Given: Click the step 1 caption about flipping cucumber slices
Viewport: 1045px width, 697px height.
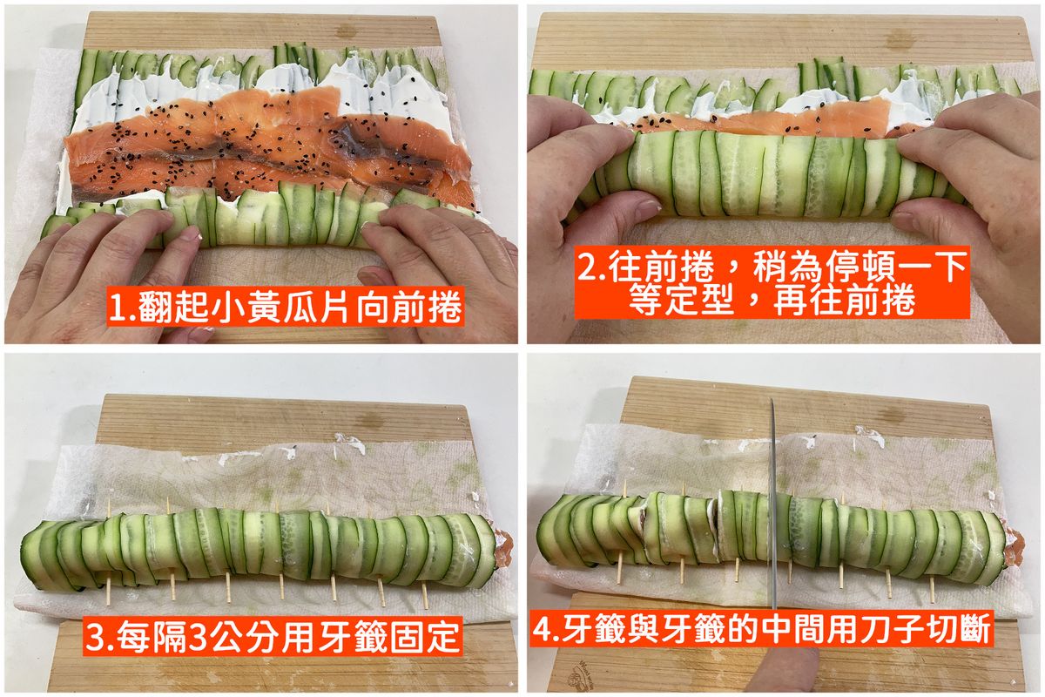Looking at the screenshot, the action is click(285, 307).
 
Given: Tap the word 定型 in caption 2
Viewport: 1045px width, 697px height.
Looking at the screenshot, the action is click(699, 301).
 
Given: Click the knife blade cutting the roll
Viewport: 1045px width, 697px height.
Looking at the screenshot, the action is click(773, 504).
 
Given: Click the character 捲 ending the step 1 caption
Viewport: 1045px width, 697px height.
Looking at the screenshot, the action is click(445, 307).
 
